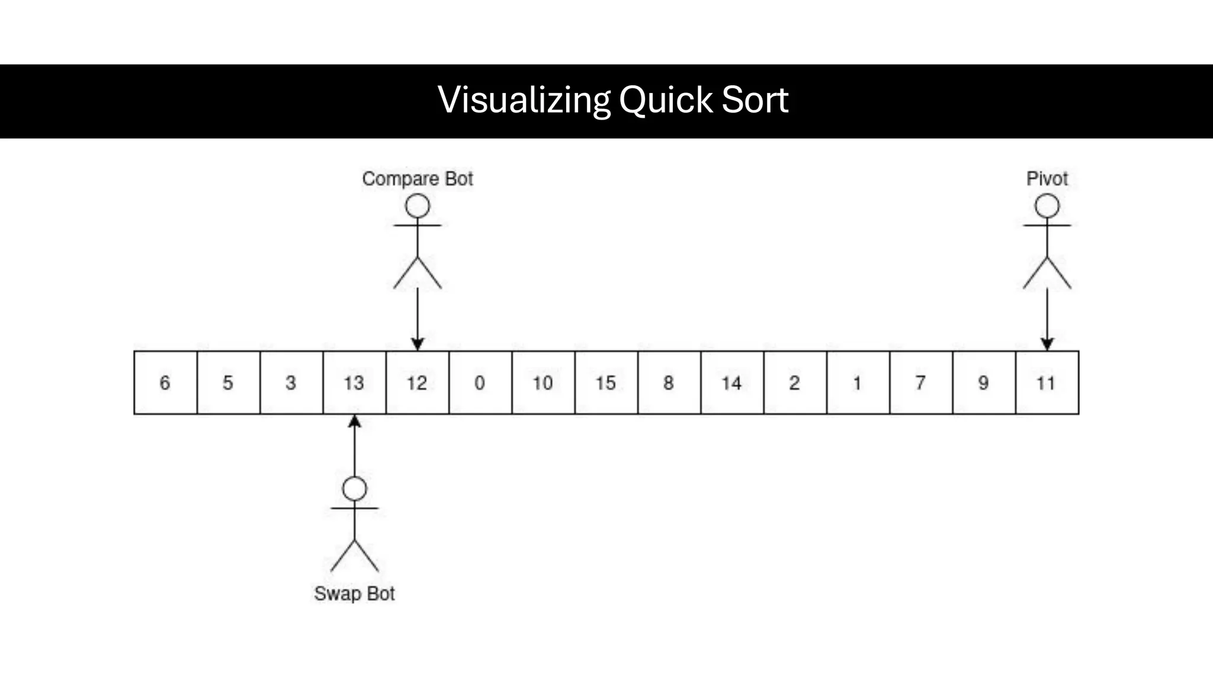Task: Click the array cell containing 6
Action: click(x=165, y=382)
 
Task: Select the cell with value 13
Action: click(x=354, y=382)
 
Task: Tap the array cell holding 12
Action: click(x=417, y=382)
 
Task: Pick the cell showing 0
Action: click(x=480, y=382)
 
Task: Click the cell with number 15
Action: click(x=606, y=382)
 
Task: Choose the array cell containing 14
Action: click(x=732, y=382)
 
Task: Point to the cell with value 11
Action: click(x=1047, y=382)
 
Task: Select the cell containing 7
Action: click(x=920, y=382)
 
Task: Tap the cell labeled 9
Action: click(x=983, y=382)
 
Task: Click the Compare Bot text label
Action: click(x=418, y=179)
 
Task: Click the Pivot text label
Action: click(x=1047, y=179)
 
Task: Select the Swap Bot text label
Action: click(x=354, y=593)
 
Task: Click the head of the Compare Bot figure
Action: click(x=418, y=207)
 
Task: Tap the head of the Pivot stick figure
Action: click(x=1047, y=207)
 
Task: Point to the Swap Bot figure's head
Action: click(x=355, y=489)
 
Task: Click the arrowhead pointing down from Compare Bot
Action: click(x=418, y=344)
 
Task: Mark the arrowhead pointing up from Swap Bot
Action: click(x=354, y=422)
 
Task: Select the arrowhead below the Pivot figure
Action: click(x=1047, y=344)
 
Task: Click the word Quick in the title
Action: click(x=665, y=99)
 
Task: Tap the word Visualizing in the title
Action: click(x=524, y=99)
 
